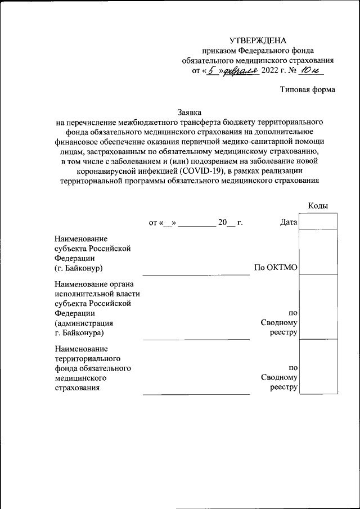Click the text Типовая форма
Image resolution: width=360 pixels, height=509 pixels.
pos(308,90)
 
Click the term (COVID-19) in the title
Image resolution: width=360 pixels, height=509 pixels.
pos(201,171)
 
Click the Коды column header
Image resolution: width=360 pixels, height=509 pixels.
pos(318,206)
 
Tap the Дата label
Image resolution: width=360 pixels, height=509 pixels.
pos(288,222)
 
